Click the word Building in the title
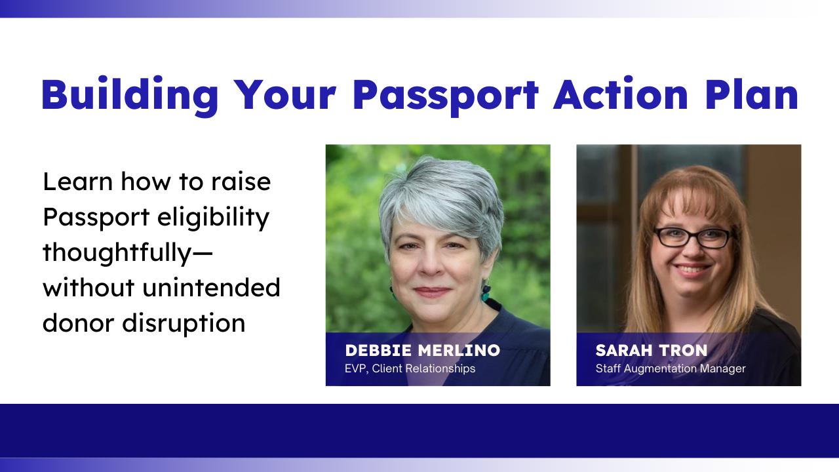tap(130, 96)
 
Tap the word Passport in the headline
tap(445, 96)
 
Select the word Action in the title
tap(620, 94)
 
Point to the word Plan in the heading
tap(752, 94)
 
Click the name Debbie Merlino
tap(423, 350)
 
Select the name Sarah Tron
tap(652, 350)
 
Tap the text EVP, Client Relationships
tap(410, 368)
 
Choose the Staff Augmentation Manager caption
tap(671, 368)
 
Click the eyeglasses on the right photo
tap(693, 237)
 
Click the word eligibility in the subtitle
tap(213, 217)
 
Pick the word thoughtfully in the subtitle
tap(117, 253)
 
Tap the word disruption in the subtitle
tap(184, 323)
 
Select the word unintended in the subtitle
tap(211, 288)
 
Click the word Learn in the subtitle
tap(78, 182)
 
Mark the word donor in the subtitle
tap(78, 323)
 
